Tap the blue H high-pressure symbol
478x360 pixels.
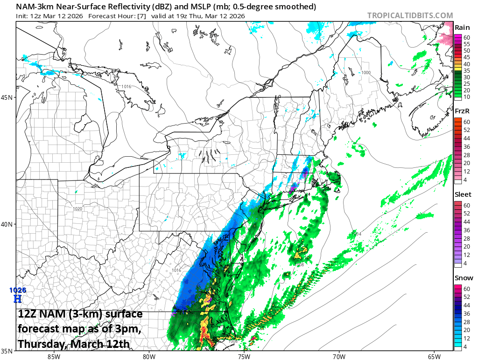18,298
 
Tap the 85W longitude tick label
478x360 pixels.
54,357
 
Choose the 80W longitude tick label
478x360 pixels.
149,357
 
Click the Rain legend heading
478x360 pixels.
462,28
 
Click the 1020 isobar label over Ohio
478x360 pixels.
77,208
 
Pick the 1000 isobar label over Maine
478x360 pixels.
366,73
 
